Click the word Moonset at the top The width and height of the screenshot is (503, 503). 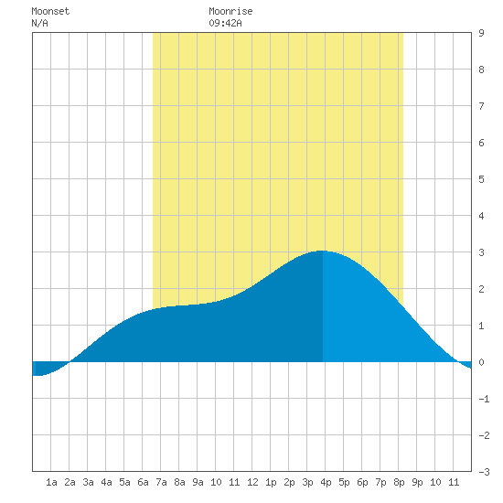point(50,11)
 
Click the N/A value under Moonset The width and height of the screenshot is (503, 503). point(39,23)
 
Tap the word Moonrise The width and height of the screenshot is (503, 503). point(230,11)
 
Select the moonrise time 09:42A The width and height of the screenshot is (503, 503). point(225,23)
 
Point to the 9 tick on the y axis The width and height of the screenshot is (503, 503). point(481,33)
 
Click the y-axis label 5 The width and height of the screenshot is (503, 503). point(481,179)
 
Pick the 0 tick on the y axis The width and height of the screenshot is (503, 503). point(481,362)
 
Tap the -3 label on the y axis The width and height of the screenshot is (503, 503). point(484,472)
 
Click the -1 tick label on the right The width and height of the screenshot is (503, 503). point(484,399)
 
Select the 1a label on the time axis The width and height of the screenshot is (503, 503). point(51,482)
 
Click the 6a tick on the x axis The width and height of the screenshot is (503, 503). point(143,482)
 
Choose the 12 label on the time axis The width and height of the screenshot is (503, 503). point(252,482)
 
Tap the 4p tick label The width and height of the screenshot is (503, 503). point(326,482)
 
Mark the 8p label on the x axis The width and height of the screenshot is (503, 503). point(399,482)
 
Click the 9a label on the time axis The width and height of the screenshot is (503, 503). point(198,482)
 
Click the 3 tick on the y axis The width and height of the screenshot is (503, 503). point(481,252)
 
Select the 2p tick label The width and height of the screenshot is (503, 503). point(289,482)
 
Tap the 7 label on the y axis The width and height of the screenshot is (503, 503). point(481,106)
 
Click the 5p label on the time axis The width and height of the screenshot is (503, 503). point(344,482)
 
